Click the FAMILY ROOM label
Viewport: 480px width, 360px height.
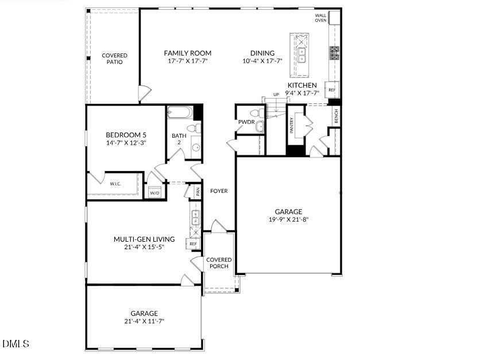click(x=187, y=53)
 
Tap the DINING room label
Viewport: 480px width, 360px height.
click(x=262, y=53)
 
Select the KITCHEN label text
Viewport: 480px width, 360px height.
click(x=302, y=85)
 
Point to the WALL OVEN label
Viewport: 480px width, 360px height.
click(x=320, y=18)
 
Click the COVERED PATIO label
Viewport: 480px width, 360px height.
click(x=114, y=59)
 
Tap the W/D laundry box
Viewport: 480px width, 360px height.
click(x=154, y=193)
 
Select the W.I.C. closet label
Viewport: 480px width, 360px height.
click(x=114, y=184)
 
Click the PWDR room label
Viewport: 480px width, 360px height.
click(x=246, y=122)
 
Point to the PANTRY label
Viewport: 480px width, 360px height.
click(x=292, y=126)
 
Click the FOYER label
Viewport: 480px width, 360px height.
click(x=219, y=191)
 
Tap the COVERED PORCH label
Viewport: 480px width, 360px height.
click(x=218, y=263)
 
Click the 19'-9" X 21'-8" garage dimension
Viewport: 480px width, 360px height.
click(x=288, y=219)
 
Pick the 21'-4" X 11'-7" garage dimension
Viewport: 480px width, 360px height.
click(x=144, y=321)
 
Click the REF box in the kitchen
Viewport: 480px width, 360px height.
click(x=332, y=90)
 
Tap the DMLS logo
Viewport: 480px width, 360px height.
click(x=16, y=344)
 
